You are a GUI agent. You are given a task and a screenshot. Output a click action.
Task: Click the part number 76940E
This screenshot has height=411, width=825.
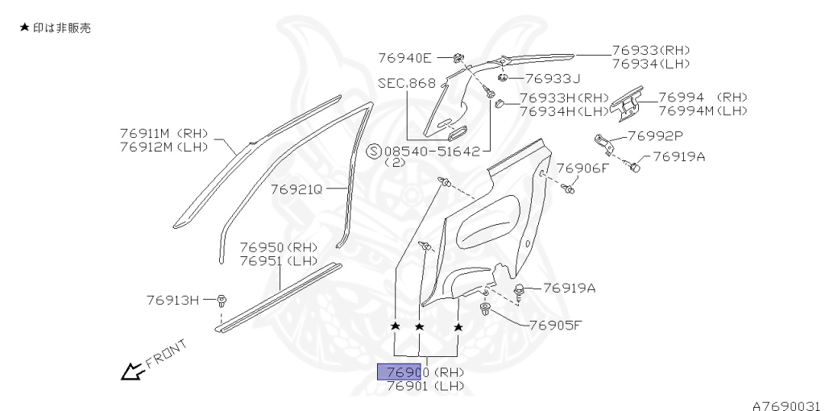404,57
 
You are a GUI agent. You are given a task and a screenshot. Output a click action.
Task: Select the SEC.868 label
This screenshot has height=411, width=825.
406,83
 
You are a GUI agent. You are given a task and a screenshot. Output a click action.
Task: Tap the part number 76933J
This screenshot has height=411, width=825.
553,78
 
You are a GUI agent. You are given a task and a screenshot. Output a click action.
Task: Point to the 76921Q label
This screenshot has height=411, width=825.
296,189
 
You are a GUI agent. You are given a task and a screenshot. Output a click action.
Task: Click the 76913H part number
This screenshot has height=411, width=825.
172,300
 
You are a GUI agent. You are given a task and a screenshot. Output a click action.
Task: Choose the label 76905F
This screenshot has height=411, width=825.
555,326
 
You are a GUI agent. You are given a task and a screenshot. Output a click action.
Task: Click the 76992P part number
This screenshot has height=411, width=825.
655,136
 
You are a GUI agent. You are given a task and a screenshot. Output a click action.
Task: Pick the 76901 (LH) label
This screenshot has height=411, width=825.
425,386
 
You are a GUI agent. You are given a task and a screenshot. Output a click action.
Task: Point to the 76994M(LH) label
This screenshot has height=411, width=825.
703,110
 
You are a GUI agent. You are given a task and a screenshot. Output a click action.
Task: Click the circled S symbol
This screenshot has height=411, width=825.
375,151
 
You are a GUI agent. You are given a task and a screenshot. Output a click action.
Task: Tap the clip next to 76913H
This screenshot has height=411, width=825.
222,301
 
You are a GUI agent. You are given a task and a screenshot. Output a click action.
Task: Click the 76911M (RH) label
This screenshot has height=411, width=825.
164,132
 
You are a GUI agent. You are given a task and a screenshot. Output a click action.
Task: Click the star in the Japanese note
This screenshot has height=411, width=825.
24,28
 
